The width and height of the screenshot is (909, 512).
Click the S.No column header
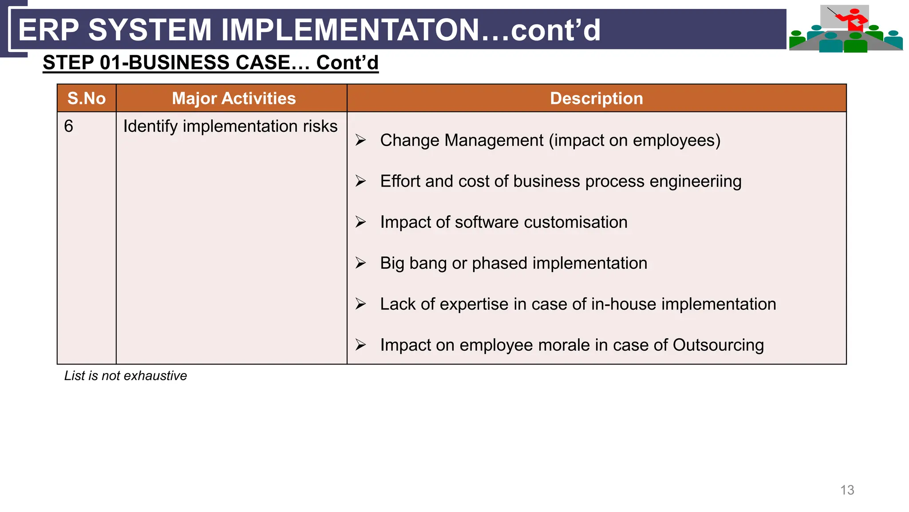pos(87,98)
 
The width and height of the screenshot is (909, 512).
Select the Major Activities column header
pos(233,98)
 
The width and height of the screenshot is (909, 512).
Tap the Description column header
pos(596,98)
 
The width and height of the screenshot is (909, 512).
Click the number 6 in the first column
pos(68,126)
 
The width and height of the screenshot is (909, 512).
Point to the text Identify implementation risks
pos(230,127)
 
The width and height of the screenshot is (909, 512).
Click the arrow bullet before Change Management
pos(360,140)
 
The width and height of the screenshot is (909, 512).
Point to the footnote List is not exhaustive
pos(125,376)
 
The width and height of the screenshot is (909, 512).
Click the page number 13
pos(847,490)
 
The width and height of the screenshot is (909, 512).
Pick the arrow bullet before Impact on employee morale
pos(360,345)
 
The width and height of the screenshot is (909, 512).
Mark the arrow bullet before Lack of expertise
pos(360,304)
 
